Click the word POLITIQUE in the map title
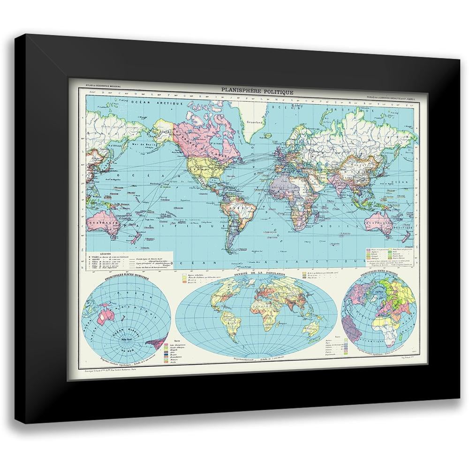pos(280,92)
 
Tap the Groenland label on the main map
pos(256,122)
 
